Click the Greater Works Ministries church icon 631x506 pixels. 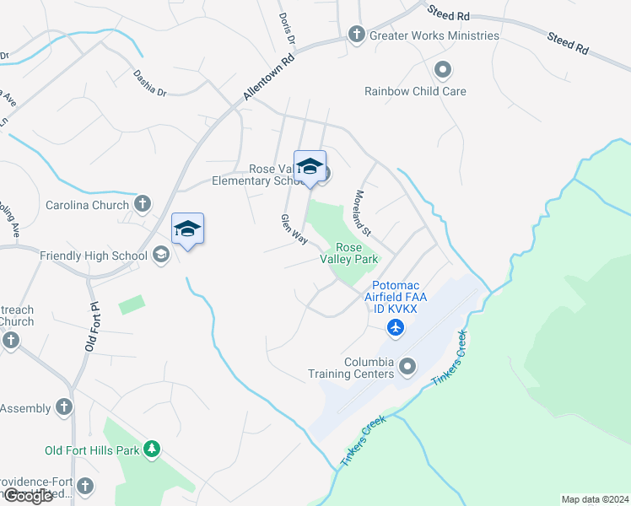click(356, 35)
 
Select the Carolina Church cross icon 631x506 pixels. click(143, 204)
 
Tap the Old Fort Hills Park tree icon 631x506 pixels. click(152, 449)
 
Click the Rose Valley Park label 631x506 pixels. click(348, 253)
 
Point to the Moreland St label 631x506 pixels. click(364, 213)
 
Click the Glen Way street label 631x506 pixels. click(294, 229)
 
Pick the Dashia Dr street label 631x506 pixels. click(150, 83)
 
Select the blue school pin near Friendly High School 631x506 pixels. click(187, 229)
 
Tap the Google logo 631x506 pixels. click(28, 496)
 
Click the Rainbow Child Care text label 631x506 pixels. click(415, 91)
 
